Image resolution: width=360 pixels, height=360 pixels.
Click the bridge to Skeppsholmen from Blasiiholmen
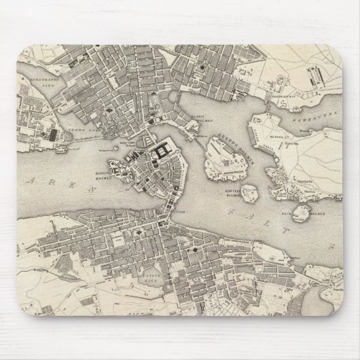pyautogui.click(x=201, y=139)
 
